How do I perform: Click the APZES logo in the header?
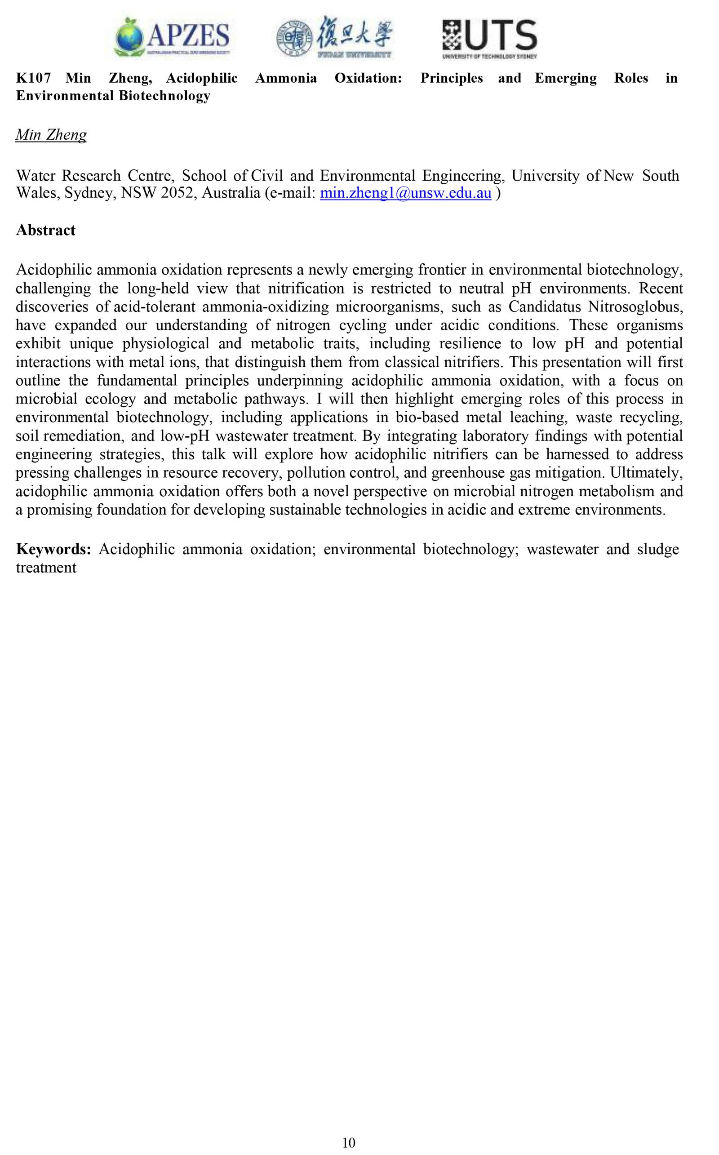pos(172,38)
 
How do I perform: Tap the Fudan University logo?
pos(336,38)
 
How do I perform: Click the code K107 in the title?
pos(33,78)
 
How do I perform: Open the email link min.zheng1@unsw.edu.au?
pos(405,194)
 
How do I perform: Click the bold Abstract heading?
pos(46,230)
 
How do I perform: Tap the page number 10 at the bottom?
pos(349,1142)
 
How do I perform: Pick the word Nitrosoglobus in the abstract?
pos(635,307)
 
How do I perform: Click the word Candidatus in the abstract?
pos(545,307)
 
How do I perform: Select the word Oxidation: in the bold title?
pos(368,78)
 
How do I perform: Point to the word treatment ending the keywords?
pos(46,568)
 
